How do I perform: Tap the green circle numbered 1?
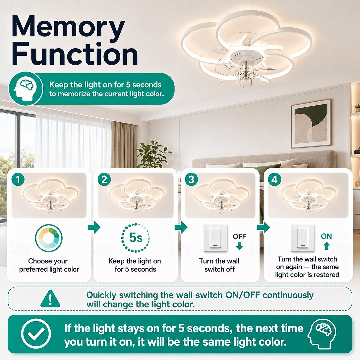(18, 179)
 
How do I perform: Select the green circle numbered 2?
(104, 179)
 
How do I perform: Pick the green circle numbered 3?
(191, 179)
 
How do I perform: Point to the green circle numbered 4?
(274, 179)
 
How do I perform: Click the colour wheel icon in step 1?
(49, 238)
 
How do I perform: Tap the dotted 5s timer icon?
(136, 238)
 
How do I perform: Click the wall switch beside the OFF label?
(215, 238)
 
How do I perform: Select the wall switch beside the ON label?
(303, 238)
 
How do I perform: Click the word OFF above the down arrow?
(239, 236)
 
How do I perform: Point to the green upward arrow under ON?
(326, 246)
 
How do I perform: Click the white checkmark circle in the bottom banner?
(36, 334)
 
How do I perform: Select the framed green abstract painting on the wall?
(311, 123)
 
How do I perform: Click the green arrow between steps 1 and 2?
(94, 227)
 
